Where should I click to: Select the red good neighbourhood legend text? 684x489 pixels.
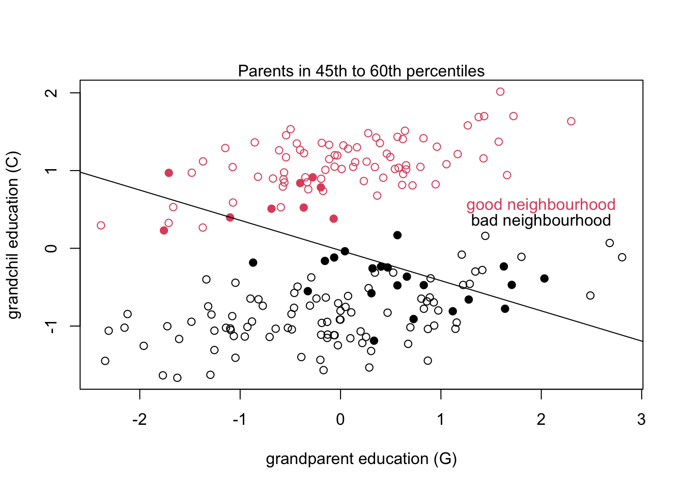point(540,205)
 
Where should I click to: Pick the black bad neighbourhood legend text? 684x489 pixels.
point(540,221)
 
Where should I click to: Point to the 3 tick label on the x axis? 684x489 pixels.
point(641,420)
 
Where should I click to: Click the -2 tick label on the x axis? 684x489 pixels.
point(139,420)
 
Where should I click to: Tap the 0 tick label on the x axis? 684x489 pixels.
point(340,420)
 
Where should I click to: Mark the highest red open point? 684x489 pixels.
point(500,92)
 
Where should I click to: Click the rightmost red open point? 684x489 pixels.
point(571,121)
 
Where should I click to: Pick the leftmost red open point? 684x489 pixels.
point(101,225)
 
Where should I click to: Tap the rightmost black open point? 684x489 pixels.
point(622,257)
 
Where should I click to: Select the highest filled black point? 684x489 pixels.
point(397,235)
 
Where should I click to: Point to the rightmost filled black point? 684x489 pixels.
point(545,278)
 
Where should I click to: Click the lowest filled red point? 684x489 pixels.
point(164,230)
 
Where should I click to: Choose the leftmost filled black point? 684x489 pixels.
point(253,262)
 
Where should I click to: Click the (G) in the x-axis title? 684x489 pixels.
point(445,459)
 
